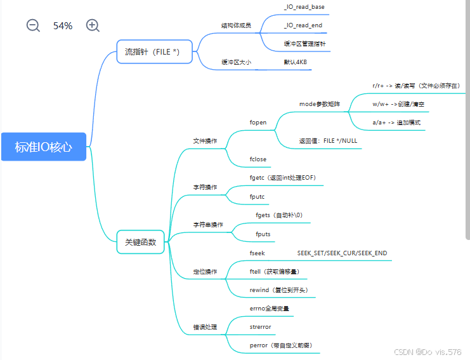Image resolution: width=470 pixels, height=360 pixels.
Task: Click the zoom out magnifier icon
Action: tap(33, 25)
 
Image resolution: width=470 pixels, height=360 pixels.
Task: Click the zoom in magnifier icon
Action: tap(93, 25)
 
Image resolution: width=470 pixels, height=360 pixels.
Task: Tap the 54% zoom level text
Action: tap(63, 26)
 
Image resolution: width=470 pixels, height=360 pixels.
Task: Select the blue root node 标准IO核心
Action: tap(44, 147)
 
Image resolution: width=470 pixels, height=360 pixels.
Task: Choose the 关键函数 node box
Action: tap(141, 241)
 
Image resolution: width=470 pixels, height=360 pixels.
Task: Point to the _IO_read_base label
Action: tap(304, 6)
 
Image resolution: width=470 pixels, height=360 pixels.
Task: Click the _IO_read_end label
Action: tap(303, 25)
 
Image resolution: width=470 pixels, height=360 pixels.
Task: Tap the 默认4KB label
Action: tap(296, 62)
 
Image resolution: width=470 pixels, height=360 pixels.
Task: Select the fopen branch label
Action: tap(258, 122)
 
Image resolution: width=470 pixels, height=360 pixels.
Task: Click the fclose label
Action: tap(258, 159)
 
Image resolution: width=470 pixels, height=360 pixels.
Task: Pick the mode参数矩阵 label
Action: tap(320, 103)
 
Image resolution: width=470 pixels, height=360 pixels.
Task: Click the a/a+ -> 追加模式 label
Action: tap(396, 122)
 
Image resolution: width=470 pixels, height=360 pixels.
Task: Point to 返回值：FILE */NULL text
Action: tap(327, 140)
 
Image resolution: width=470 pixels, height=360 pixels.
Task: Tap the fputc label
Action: tap(258, 197)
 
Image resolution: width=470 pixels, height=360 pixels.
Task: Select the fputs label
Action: tap(263, 234)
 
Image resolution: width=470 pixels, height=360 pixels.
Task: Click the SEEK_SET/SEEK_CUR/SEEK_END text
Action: tap(342, 253)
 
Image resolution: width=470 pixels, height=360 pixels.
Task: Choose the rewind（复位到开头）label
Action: tap(278, 290)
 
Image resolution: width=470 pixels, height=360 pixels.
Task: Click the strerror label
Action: tap(261, 327)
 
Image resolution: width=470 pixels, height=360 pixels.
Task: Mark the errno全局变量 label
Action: tap(270, 309)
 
